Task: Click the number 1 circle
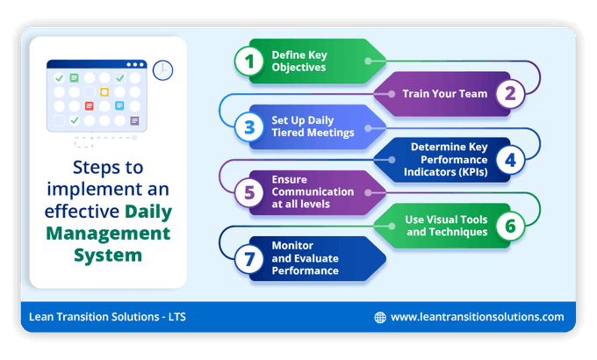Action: (x=249, y=61)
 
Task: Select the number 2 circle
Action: (x=508, y=93)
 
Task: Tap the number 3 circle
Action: (x=249, y=126)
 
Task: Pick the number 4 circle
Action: (x=508, y=160)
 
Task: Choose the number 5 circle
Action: (x=249, y=192)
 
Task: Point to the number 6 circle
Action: (x=508, y=226)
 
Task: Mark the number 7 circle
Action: (x=249, y=258)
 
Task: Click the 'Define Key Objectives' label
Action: (x=298, y=61)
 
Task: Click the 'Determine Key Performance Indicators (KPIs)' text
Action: (x=449, y=159)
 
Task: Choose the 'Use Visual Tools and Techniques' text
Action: (x=446, y=226)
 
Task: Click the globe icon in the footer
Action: (x=380, y=317)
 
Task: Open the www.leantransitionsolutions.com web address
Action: (x=477, y=317)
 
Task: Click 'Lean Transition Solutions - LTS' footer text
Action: (x=107, y=317)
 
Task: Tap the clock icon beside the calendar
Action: (x=162, y=69)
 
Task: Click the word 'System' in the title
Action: (x=108, y=256)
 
